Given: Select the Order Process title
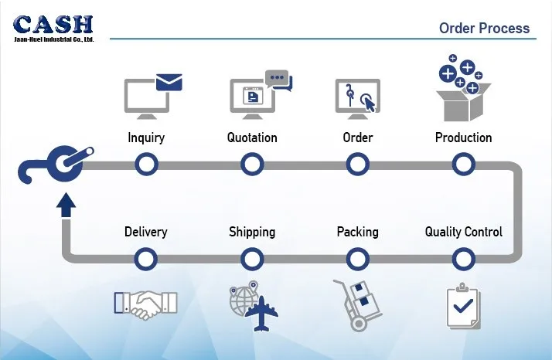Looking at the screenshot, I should point(484,29).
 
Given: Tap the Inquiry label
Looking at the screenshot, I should point(146,138).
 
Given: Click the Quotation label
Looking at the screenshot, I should point(252,138).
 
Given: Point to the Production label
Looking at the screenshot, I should point(463,138).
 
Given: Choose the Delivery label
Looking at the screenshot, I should point(145,232).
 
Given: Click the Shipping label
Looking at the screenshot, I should point(252,232).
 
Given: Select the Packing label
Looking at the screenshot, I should point(357,232).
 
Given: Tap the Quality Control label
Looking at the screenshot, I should point(464,232).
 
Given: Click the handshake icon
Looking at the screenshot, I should point(145,304).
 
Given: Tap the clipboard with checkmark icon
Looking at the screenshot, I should point(464,306).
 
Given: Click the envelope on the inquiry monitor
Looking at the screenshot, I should point(169,82).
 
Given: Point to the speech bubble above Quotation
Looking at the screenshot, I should point(278,79).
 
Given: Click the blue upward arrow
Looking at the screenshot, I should point(66,204).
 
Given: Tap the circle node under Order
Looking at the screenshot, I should point(357,165).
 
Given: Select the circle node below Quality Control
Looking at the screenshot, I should point(463,259).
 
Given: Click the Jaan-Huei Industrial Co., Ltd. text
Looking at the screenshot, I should point(54,39).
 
